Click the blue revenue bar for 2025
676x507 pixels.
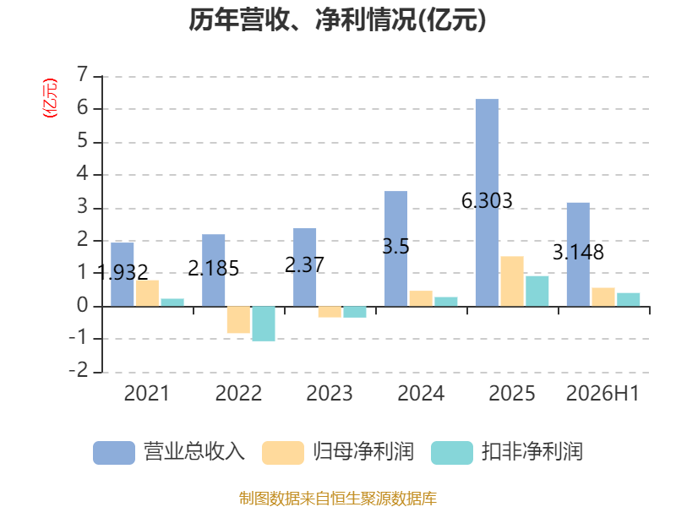pyautogui.click(x=487, y=203)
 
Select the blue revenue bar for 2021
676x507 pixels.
pyautogui.click(x=122, y=275)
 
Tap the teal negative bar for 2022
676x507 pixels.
pyautogui.click(x=264, y=324)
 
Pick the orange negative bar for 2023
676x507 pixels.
pyautogui.click(x=330, y=312)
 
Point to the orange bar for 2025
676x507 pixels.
pyautogui.click(x=512, y=281)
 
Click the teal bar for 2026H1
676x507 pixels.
pyautogui.click(x=628, y=300)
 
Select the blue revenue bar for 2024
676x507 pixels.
pyautogui.click(x=395, y=248)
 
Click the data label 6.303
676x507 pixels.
pyautogui.click(x=487, y=200)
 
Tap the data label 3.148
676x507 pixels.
pyautogui.click(x=578, y=252)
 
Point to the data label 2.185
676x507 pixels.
pyautogui.click(x=214, y=269)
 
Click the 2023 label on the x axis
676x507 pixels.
pyautogui.click(x=330, y=393)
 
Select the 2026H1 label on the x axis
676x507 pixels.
pyautogui.click(x=602, y=393)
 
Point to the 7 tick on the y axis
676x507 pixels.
pyautogui.click(x=82, y=74)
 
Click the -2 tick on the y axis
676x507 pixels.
pyautogui.click(x=79, y=370)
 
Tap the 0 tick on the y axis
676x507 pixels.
pyautogui.click(x=82, y=305)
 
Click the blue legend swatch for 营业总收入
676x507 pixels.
pyautogui.click(x=114, y=453)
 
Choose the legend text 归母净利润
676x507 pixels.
pyautogui.click(x=363, y=452)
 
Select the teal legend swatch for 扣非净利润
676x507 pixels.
pyautogui.click(x=452, y=453)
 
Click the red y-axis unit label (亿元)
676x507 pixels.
pyautogui.click(x=50, y=98)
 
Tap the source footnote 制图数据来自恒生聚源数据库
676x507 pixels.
pyautogui.click(x=338, y=499)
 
